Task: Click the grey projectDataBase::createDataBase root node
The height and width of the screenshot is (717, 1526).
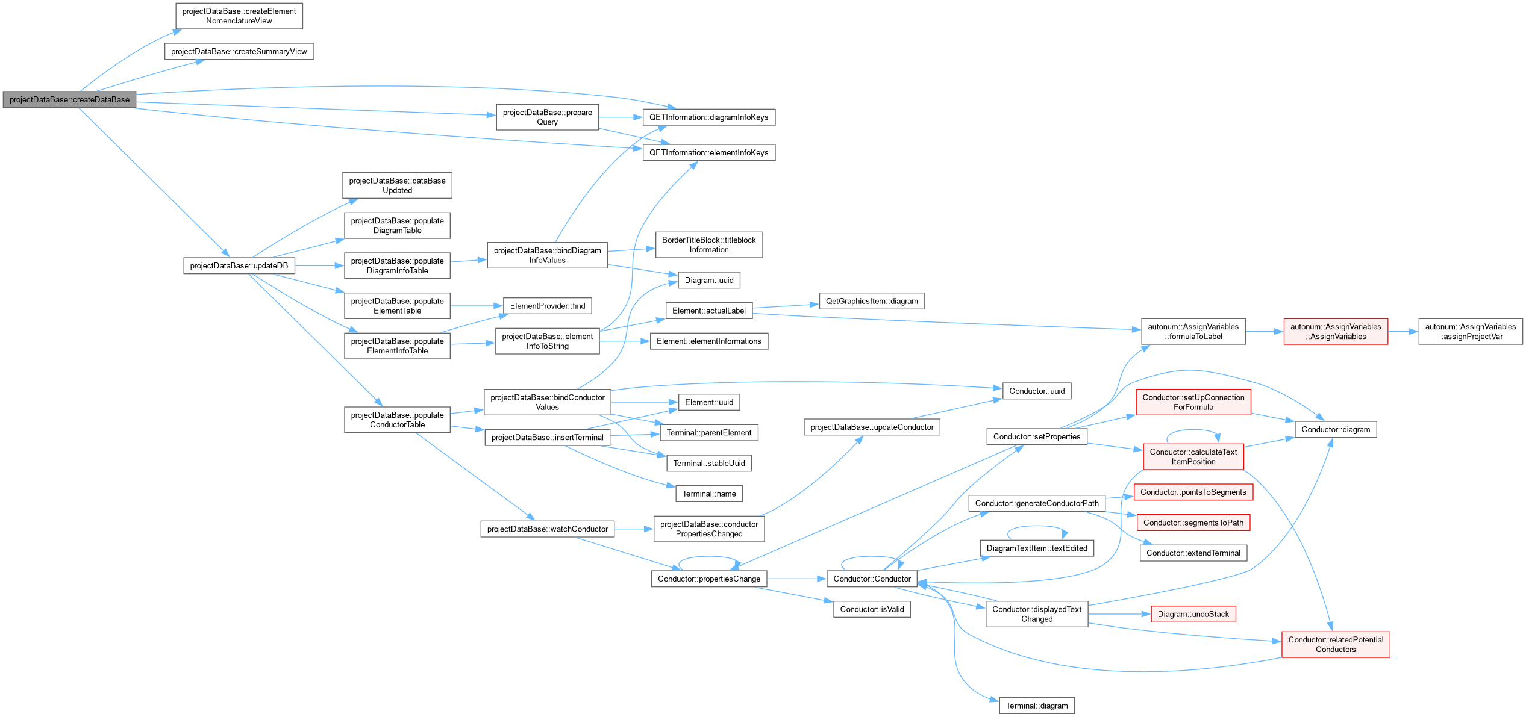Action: tap(69, 100)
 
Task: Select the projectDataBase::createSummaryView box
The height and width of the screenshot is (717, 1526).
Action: tap(239, 51)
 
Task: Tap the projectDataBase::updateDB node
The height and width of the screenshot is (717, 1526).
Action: tap(239, 265)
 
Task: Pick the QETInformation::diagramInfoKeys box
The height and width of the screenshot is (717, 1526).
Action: tap(709, 117)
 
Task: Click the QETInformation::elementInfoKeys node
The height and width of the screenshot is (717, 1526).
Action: tap(709, 152)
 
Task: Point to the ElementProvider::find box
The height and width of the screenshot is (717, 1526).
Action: tap(548, 306)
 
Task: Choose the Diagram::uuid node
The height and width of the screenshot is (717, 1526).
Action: tap(709, 280)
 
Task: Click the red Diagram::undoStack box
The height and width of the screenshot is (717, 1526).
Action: tap(1193, 614)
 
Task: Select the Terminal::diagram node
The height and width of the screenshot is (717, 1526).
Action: tap(1037, 706)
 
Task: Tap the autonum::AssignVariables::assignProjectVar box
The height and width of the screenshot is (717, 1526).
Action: tap(1471, 331)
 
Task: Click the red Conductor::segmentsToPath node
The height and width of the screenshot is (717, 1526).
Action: tap(1193, 523)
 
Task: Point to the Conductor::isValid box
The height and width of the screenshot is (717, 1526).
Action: tap(872, 609)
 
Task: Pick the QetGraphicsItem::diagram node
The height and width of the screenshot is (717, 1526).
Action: tap(872, 301)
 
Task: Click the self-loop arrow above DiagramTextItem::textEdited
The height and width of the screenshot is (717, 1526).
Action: tap(1037, 527)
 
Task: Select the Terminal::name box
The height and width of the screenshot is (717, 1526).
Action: tap(709, 494)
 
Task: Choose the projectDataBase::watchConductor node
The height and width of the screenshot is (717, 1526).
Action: tap(548, 529)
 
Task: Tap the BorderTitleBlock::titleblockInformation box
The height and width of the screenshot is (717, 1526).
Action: tap(709, 244)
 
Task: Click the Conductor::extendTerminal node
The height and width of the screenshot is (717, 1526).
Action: tap(1193, 553)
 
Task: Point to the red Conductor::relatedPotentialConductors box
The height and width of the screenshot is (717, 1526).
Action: tap(1336, 644)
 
